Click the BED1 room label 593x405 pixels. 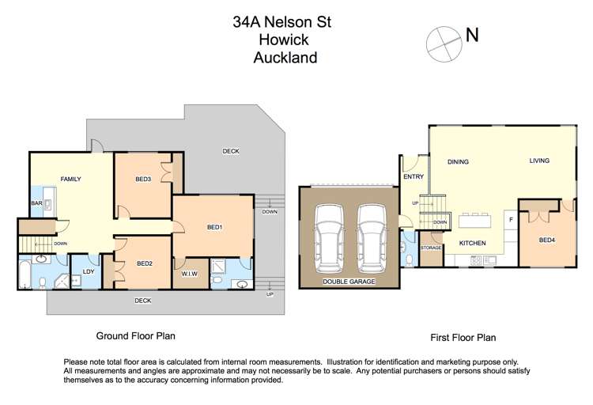pyautogui.click(x=214, y=228)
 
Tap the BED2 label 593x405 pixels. pyautogui.click(x=144, y=263)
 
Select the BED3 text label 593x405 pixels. pyautogui.click(x=143, y=180)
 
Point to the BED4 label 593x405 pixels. pyautogui.click(x=546, y=240)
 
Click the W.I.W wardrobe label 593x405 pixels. pyautogui.click(x=189, y=274)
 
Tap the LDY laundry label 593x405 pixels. pyautogui.click(x=89, y=273)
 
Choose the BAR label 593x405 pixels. pyautogui.click(x=36, y=204)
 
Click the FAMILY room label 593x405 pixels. pyautogui.click(x=71, y=180)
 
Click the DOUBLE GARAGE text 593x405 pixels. pyautogui.click(x=349, y=282)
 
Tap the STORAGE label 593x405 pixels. pyautogui.click(x=431, y=248)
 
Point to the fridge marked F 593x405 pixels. pyautogui.click(x=511, y=219)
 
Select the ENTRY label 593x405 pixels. pyautogui.click(x=414, y=177)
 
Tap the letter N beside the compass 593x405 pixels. pyautogui.click(x=472, y=35)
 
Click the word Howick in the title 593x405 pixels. pyautogui.click(x=282, y=40)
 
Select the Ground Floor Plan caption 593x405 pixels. pyautogui.click(x=135, y=335)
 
